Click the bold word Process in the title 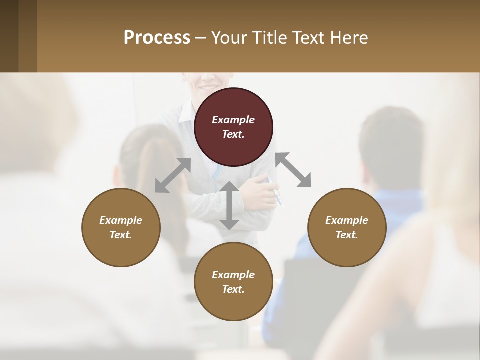click(x=157, y=37)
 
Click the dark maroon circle click(x=233, y=127)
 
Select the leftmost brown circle click(x=121, y=227)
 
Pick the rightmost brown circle click(x=347, y=227)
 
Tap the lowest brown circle click(x=233, y=281)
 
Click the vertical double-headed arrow click(x=229, y=205)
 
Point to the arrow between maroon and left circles click(x=173, y=175)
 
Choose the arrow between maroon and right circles click(x=293, y=170)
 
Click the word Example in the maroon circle click(x=233, y=120)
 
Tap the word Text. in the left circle click(x=121, y=235)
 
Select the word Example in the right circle click(x=347, y=220)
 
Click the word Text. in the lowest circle click(x=233, y=289)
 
